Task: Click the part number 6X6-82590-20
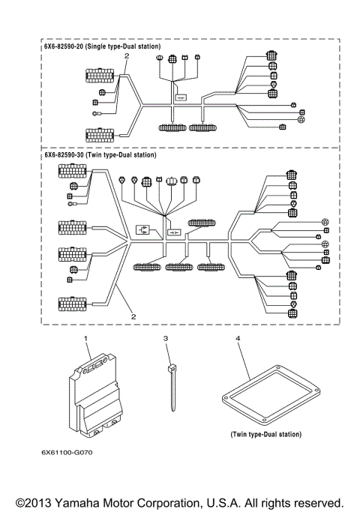64,46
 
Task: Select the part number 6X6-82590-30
64,155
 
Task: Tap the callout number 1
86,340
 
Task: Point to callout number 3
166,340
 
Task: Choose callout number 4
238,340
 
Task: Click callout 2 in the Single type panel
127,56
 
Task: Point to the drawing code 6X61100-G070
71,453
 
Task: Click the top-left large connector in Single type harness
100,76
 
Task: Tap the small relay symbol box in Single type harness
181,97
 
